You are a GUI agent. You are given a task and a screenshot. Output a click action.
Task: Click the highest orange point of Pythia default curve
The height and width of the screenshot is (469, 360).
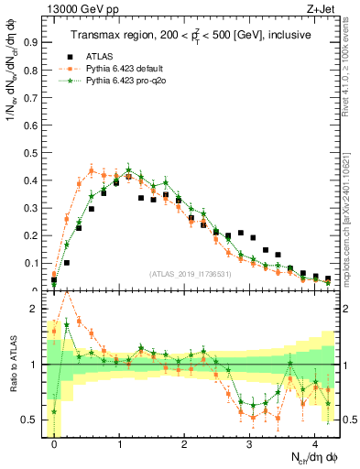pyautogui.click(x=92, y=170)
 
